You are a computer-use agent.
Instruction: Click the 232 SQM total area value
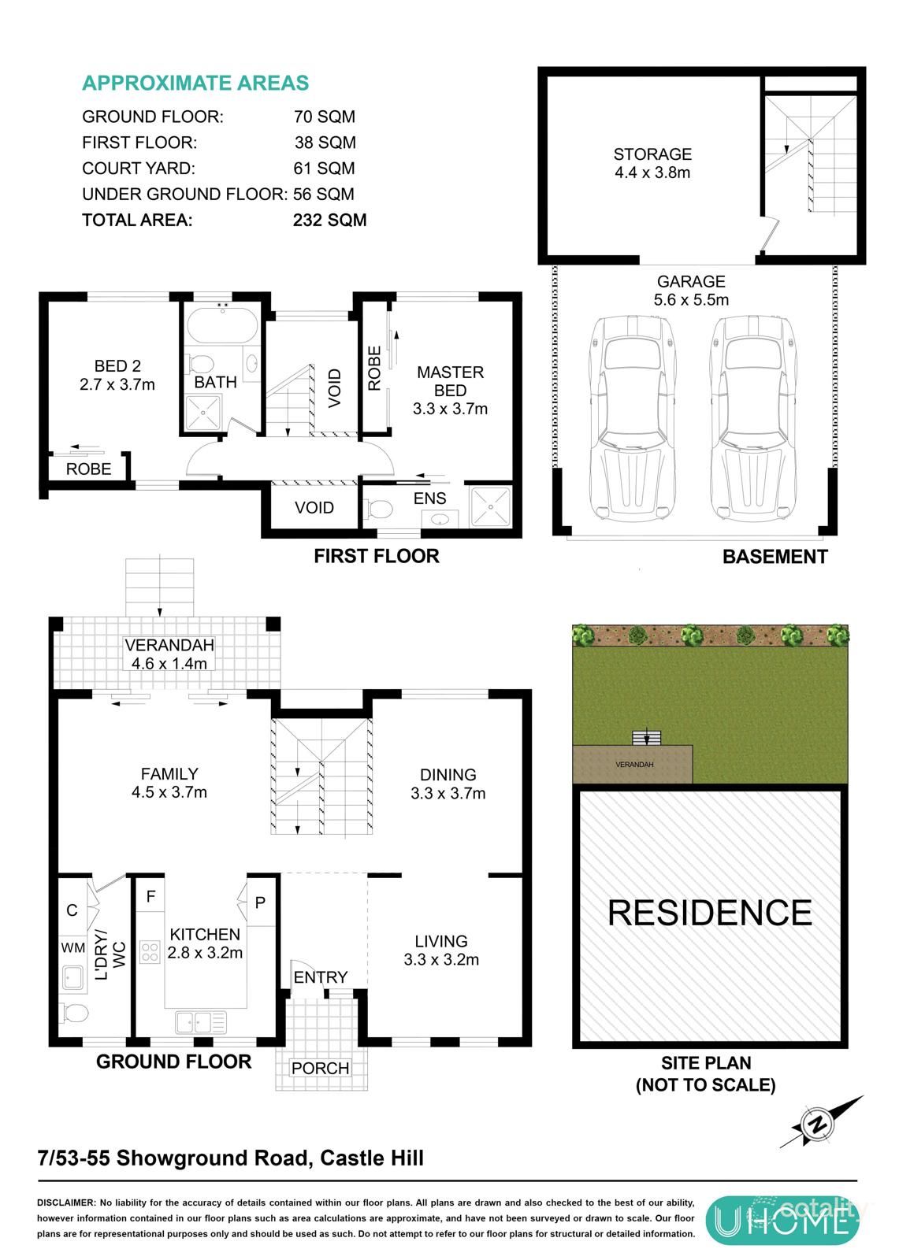tap(329, 220)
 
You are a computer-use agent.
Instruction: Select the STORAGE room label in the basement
tap(652, 155)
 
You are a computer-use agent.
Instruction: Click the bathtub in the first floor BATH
tap(223, 323)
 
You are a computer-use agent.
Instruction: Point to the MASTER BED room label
tap(450, 372)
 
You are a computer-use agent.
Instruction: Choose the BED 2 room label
tap(117, 366)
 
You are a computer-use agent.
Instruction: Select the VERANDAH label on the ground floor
tap(169, 646)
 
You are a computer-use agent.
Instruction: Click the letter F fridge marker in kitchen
tap(150, 896)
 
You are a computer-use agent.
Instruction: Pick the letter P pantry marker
tap(260, 902)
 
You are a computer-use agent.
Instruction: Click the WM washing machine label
tap(73, 947)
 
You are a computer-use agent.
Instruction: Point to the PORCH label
tap(320, 1069)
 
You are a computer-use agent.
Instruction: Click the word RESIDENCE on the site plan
tap(709, 913)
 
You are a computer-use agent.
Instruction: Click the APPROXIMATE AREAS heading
tap(195, 83)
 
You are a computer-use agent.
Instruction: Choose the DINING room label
tap(448, 775)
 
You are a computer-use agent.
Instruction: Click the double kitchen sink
tap(201, 1022)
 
